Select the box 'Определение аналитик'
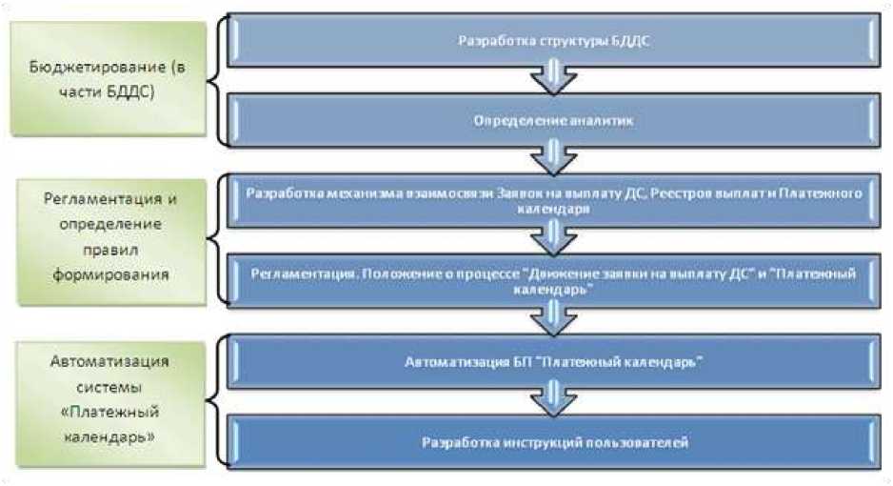[x=554, y=121]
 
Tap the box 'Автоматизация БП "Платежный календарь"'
[x=554, y=362]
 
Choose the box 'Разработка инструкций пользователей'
[x=554, y=442]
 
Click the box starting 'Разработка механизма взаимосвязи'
[x=554, y=199]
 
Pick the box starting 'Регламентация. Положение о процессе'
[x=554, y=280]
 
